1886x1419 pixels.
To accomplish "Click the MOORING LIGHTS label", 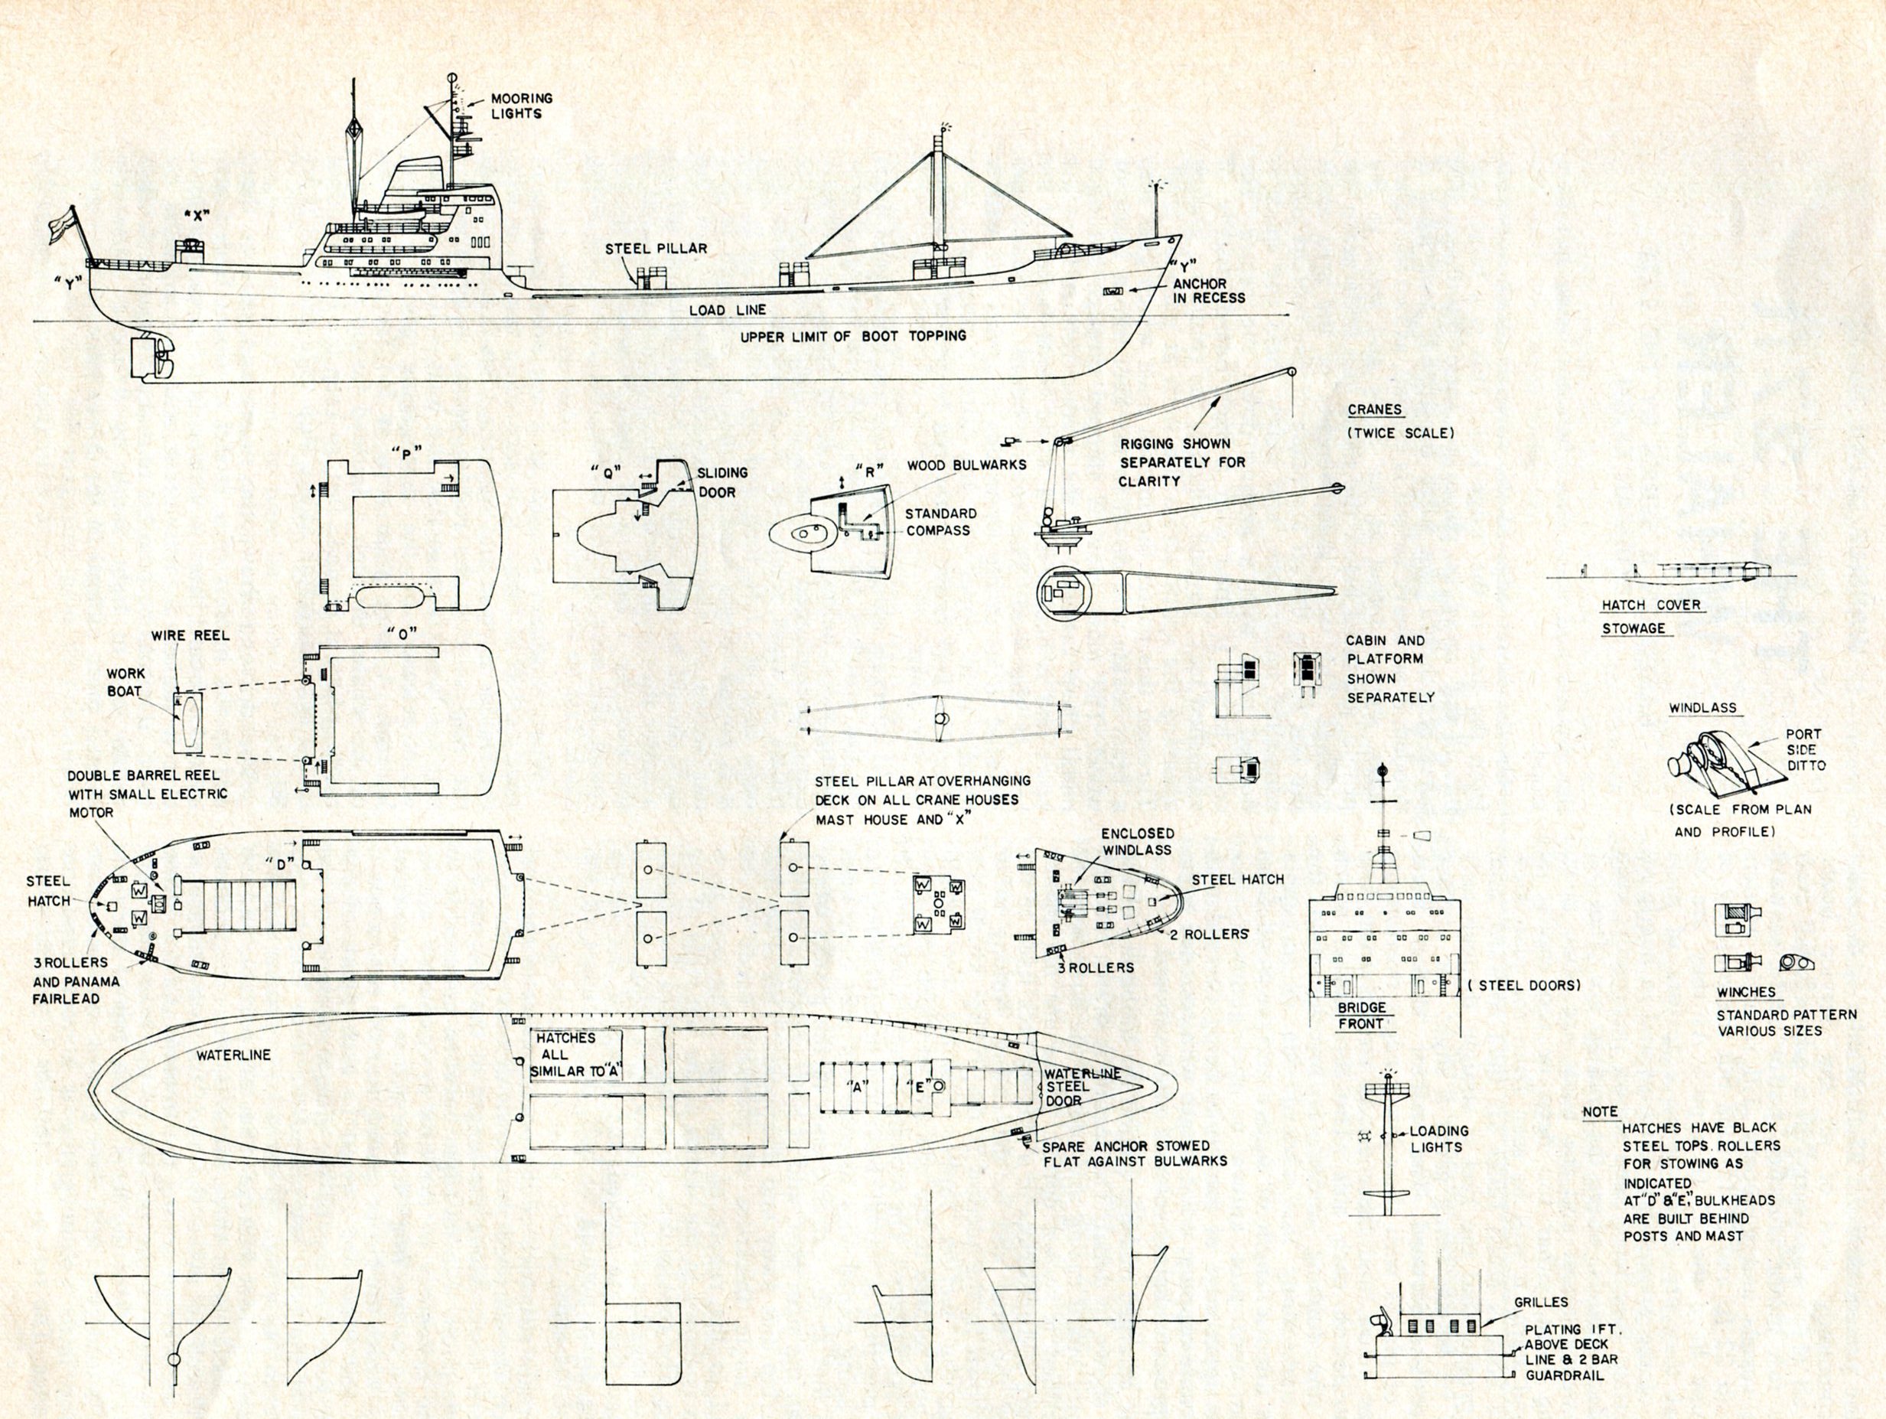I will click(x=521, y=106).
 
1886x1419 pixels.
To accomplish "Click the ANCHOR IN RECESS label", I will click(x=1209, y=291).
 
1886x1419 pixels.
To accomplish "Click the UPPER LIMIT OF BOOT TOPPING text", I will click(x=852, y=336).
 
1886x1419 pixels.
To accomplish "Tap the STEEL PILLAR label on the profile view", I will click(x=656, y=249).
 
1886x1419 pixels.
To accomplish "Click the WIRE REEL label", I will click(x=191, y=635).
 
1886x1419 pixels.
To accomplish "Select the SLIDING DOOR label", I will click(x=722, y=482).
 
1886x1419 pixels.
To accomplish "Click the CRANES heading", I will click(x=1374, y=410).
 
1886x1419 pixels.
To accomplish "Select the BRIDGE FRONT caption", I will click(x=1361, y=1016).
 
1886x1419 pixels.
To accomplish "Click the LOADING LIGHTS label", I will click(x=1438, y=1138).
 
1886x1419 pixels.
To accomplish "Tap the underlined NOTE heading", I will click(x=1600, y=1112).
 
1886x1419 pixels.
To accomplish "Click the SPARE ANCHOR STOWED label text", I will click(x=1125, y=1146).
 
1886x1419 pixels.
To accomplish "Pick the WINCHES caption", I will click(x=1746, y=993).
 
